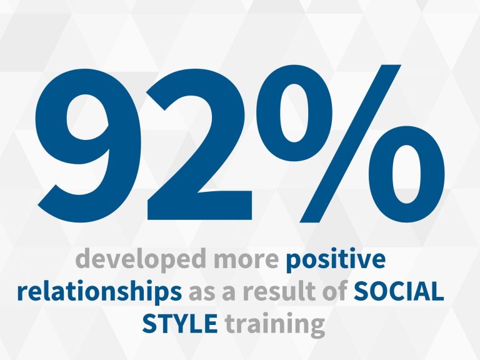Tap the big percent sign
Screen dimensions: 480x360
pyautogui.click(x=350, y=144)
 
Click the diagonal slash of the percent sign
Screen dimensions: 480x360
pyautogui.click(x=350, y=144)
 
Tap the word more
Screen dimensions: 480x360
pyautogui.click(x=247, y=261)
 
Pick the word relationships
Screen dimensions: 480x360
pyautogui.click(x=99, y=291)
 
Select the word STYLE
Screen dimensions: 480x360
pyautogui.click(x=180, y=323)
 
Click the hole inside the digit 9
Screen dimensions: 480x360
pyautogui.click(x=87, y=117)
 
